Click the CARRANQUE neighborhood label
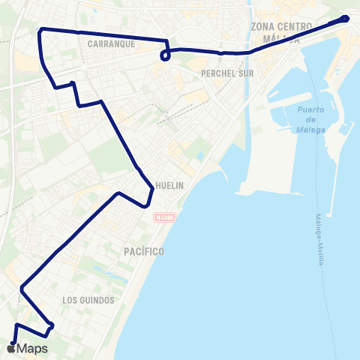click(x=110, y=44)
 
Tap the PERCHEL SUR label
click(x=222, y=73)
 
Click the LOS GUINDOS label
click(x=88, y=300)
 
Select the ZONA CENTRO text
click(x=280, y=27)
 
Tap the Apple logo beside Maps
click(x=11, y=348)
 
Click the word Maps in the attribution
click(x=32, y=349)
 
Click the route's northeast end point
click(x=345, y=18)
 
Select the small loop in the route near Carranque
click(x=165, y=55)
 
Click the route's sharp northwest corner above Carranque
click(x=40, y=29)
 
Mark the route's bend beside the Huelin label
click(x=151, y=193)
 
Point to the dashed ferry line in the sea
click(x=324, y=180)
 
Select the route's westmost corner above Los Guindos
click(x=22, y=286)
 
